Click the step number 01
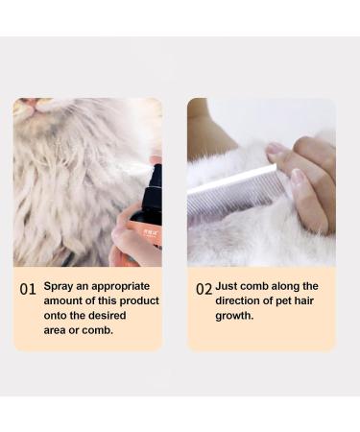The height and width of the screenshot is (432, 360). (x=28, y=289)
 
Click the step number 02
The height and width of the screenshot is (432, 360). (x=204, y=289)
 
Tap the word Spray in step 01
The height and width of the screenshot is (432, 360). (x=60, y=286)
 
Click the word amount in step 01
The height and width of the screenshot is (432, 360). (x=64, y=300)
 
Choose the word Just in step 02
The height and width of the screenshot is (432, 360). (x=228, y=286)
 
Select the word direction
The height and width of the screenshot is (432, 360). (x=241, y=300)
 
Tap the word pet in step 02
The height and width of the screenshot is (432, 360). (x=285, y=300)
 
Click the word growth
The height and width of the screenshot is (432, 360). (x=234, y=315)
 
